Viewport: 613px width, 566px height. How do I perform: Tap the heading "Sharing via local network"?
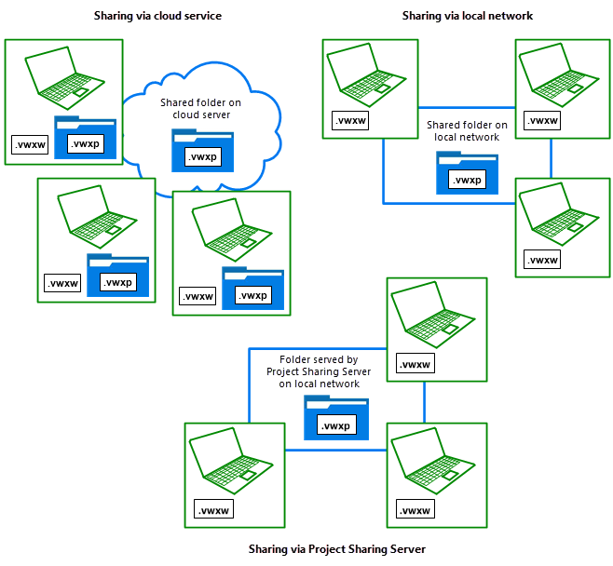tap(468, 16)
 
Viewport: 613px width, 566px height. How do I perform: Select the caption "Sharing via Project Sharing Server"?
tap(337, 549)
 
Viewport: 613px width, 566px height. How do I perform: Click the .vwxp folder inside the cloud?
tap(202, 152)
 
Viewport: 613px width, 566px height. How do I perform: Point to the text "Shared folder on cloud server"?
tap(200, 108)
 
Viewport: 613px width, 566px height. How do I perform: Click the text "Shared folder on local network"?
tap(467, 130)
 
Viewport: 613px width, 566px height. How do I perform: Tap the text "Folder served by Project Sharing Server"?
tap(320, 371)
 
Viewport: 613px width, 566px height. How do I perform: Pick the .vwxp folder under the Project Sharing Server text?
tap(335, 419)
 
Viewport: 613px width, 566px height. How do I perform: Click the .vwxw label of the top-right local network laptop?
tap(542, 121)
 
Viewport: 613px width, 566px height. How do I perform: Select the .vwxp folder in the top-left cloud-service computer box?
tap(85, 140)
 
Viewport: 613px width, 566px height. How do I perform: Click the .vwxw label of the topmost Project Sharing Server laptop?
tap(414, 364)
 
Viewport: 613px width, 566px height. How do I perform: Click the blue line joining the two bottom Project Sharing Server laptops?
tap(335, 451)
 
